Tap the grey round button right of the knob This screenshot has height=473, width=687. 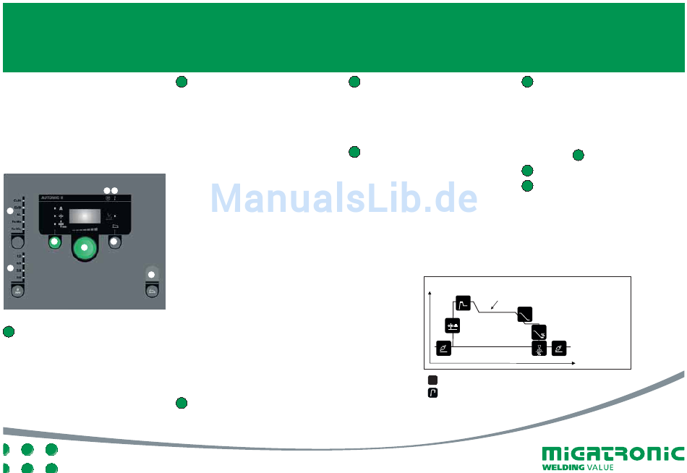click(x=114, y=242)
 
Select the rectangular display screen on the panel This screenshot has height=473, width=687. click(x=85, y=218)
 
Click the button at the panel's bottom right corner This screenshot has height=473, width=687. click(x=152, y=291)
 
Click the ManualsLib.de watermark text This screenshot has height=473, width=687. click(x=344, y=197)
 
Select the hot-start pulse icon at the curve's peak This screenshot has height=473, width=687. click(x=463, y=302)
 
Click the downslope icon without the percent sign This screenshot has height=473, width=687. click(x=525, y=314)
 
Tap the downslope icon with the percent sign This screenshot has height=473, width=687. click(x=539, y=332)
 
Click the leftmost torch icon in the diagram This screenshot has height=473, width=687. click(x=443, y=349)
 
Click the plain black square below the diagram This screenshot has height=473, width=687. click(x=432, y=380)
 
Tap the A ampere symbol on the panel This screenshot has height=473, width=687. click(x=61, y=208)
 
